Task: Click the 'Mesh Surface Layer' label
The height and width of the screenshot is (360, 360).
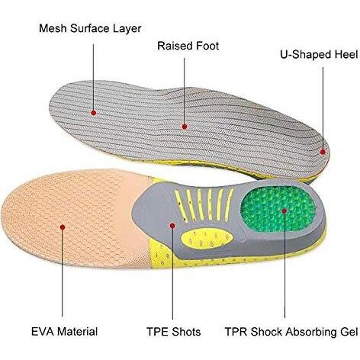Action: [x=90, y=29]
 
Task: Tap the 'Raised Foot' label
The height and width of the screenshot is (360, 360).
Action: [x=188, y=46]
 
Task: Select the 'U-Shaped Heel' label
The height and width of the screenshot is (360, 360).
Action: [x=319, y=55]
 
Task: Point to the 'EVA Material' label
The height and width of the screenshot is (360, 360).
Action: [x=65, y=332]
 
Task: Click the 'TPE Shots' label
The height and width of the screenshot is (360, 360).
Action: [x=174, y=332]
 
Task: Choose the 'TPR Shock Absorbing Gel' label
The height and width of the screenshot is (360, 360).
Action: [x=291, y=332]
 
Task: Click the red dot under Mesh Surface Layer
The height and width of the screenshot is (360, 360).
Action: [x=94, y=113]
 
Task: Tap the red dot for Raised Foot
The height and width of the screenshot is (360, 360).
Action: [x=185, y=127]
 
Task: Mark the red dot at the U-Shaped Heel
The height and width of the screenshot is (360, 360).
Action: [x=323, y=152]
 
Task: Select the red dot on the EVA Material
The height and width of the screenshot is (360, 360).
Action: [x=63, y=227]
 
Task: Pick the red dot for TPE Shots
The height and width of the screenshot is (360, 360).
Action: [x=172, y=226]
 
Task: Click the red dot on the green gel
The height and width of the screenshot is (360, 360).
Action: [x=284, y=211]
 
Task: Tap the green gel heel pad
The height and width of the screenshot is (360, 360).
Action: [x=278, y=208]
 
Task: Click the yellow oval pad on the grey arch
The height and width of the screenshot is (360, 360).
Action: [x=207, y=239]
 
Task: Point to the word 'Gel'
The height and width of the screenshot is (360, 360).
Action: [x=348, y=332]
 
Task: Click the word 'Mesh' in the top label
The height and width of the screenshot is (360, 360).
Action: [x=53, y=28]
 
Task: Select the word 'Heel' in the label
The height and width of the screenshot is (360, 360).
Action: [x=346, y=55]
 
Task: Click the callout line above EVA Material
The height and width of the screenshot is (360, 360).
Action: [x=63, y=273]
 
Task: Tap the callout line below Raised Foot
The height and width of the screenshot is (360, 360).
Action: [x=185, y=91]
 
